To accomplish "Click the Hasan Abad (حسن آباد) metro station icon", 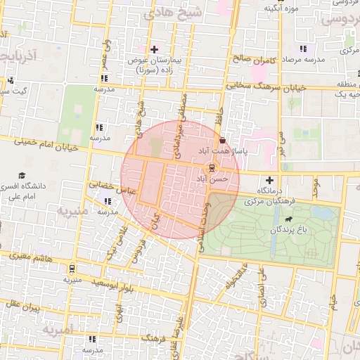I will (210, 169).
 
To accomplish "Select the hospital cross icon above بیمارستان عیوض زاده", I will (154, 49).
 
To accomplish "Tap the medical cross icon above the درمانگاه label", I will (269, 181).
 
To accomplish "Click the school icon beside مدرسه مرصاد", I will (303, 49).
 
